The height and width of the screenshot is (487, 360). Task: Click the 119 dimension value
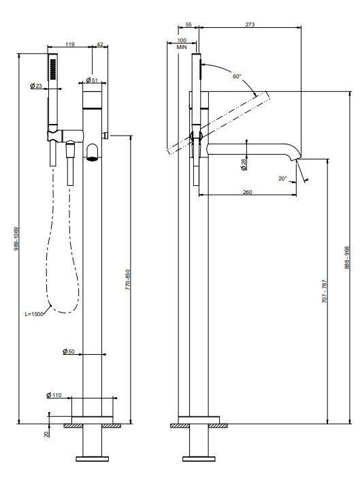(70, 44)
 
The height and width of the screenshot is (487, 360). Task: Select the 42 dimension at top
(99, 44)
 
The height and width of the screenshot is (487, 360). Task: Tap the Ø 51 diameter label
(92, 80)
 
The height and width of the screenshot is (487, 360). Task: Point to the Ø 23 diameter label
(36, 86)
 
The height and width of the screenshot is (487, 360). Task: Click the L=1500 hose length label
(34, 314)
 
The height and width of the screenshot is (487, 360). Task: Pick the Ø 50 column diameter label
(69, 351)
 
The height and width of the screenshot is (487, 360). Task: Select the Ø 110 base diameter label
(54, 395)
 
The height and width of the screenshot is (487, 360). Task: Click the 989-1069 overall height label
(16, 239)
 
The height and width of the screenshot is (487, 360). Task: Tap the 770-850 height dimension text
(127, 279)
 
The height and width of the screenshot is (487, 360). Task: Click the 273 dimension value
(250, 25)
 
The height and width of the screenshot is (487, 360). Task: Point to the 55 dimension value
(189, 25)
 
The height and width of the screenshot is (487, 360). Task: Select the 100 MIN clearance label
(182, 44)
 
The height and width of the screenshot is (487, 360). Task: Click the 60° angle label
(237, 76)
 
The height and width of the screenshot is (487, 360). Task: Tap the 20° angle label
(282, 178)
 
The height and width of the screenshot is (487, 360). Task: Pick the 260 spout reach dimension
(247, 192)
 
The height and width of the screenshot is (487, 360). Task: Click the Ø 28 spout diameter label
(244, 164)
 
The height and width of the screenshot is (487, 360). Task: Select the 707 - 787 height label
(325, 292)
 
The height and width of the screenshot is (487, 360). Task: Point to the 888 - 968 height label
(347, 257)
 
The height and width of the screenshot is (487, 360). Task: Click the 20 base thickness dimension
(46, 434)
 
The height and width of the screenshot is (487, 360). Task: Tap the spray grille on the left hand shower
(53, 69)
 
